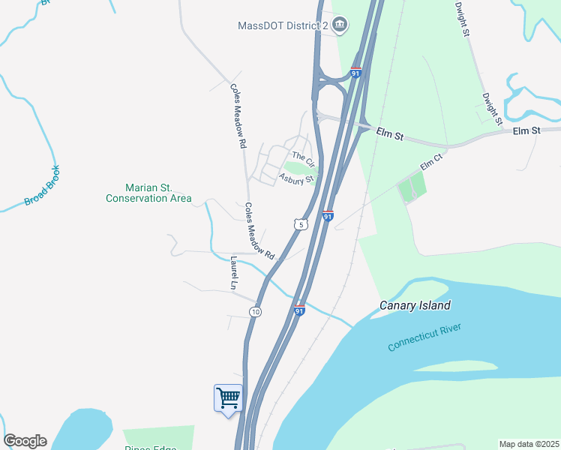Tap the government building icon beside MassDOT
coord(340,25)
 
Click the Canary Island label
coord(415,305)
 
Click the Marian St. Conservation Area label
coord(148,193)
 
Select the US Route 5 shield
coord(301,224)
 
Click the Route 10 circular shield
coord(256,311)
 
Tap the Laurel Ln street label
coord(234,274)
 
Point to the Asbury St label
coord(295,178)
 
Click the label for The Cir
coord(302,158)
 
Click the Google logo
coord(25,441)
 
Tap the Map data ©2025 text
coord(529,444)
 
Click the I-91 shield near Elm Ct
coord(328,216)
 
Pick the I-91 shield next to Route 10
coord(299,310)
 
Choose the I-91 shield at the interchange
coord(356,73)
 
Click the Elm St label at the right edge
coord(526,131)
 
